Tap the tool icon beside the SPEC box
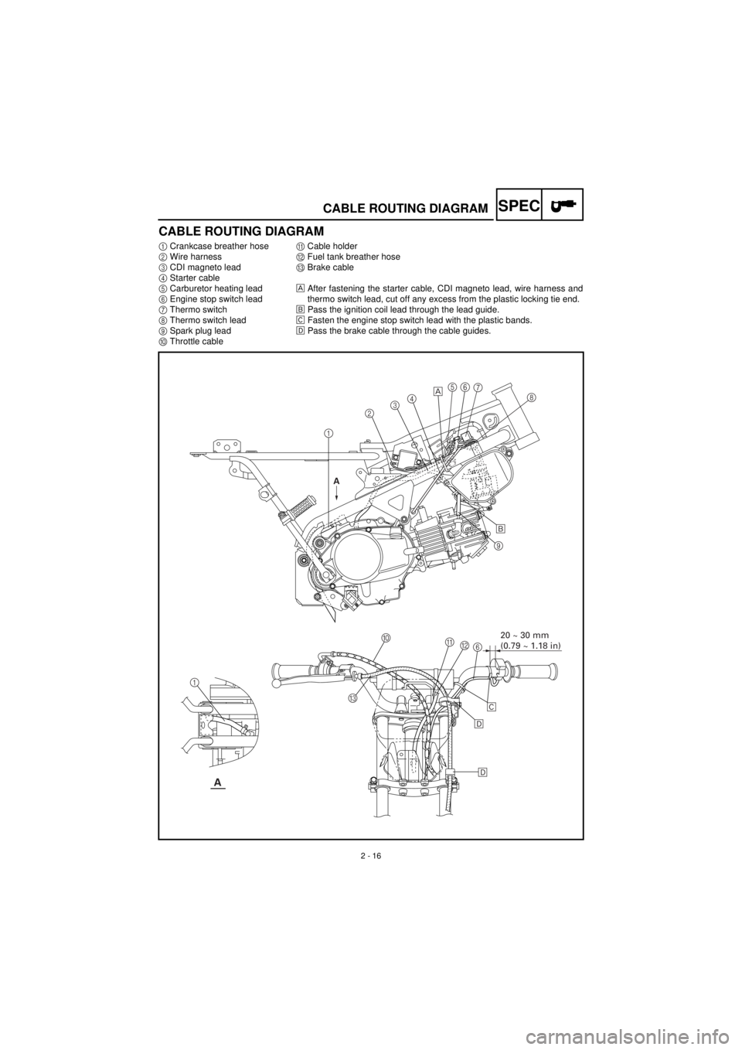point(563,205)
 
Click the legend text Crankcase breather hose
point(219,247)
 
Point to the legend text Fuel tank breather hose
point(353,257)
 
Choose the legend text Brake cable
point(330,268)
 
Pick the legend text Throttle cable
point(196,341)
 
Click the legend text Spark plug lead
point(200,331)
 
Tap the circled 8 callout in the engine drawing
point(531,397)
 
